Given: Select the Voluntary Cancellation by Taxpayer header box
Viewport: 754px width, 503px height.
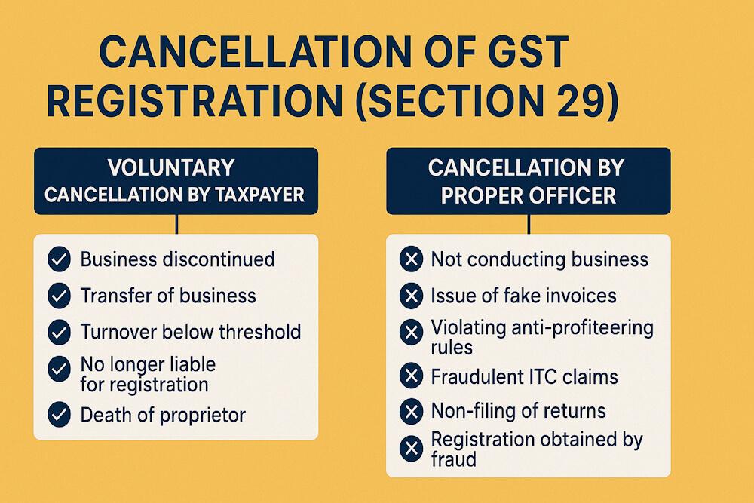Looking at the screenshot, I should [175, 180].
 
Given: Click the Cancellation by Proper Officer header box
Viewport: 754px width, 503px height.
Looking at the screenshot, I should [528, 180].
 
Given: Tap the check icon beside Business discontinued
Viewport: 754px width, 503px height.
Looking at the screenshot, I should [59, 260].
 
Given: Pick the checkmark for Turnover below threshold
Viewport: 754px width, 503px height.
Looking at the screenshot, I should [59, 332].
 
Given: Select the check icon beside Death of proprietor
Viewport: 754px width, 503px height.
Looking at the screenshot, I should [59, 414].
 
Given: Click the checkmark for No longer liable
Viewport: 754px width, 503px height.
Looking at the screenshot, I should [59, 370].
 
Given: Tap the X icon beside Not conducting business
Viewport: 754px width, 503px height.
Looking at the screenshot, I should [411, 260].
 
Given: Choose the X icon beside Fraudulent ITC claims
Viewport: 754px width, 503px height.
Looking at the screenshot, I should [411, 376].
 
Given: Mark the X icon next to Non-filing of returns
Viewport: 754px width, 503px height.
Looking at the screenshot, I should [411, 412].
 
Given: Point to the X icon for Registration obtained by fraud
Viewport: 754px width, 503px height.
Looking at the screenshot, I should [411, 449].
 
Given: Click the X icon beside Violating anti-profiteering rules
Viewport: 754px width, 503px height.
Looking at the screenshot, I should [411, 332].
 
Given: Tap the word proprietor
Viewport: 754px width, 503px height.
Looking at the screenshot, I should [202, 414].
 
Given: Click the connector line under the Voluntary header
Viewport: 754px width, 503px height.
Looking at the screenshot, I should [176, 223].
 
